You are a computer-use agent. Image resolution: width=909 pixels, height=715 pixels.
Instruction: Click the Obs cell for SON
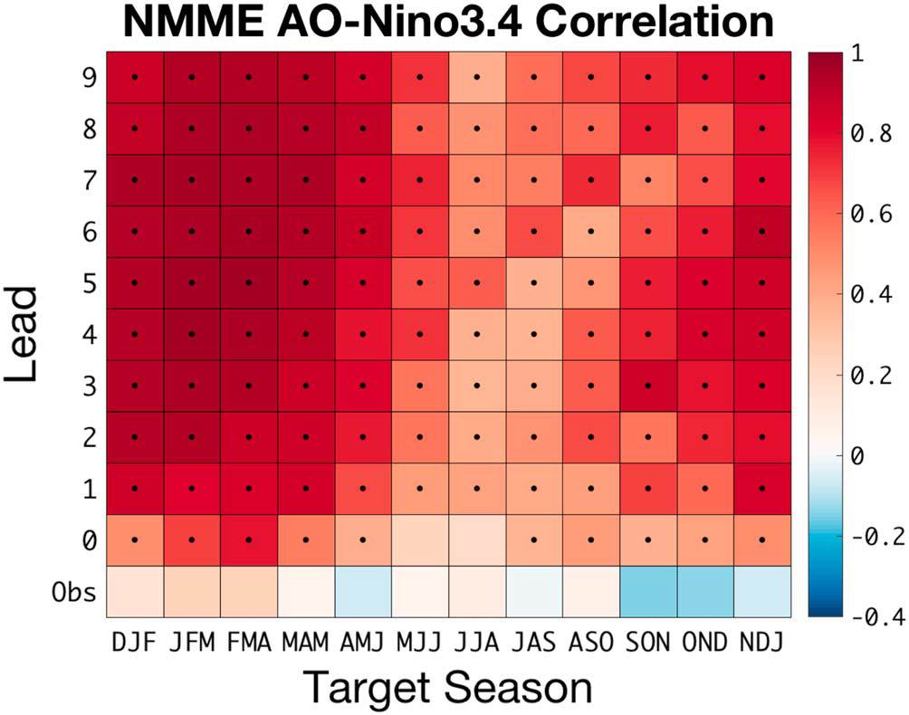pyautogui.click(x=648, y=591)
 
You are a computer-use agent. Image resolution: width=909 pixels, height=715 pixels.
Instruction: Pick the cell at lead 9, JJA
pyautogui.click(x=477, y=77)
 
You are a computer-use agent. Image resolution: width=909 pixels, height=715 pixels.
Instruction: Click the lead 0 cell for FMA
pyautogui.click(x=248, y=540)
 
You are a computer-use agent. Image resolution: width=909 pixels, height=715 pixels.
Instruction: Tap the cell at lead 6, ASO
pyautogui.click(x=591, y=232)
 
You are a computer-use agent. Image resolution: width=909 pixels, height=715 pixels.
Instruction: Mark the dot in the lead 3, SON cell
pyautogui.click(x=648, y=386)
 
